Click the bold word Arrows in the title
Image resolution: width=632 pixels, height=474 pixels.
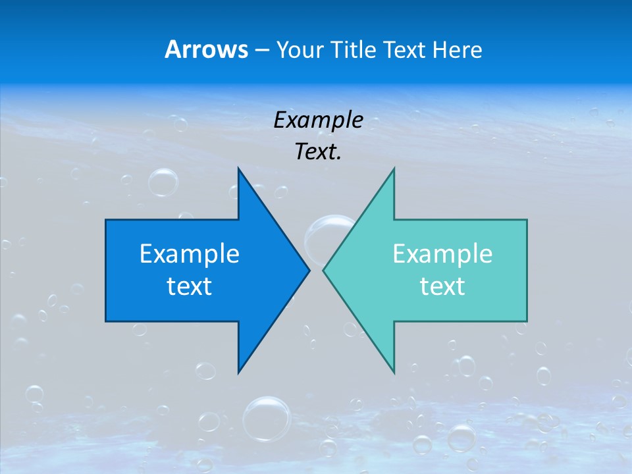206,49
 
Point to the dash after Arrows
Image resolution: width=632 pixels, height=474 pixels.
261,50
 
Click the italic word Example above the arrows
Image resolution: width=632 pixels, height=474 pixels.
318,120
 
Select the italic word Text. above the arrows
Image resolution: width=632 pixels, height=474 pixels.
318,151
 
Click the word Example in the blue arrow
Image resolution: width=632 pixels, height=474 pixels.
190,253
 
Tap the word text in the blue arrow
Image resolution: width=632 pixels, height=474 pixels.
190,286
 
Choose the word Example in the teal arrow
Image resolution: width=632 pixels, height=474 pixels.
442,253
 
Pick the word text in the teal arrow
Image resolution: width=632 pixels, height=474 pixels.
442,286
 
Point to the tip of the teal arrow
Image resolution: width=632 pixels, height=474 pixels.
324,270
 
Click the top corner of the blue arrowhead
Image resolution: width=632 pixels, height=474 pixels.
238,169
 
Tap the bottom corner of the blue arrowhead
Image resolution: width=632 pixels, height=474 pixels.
238,371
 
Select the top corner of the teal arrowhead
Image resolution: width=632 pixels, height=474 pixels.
394,169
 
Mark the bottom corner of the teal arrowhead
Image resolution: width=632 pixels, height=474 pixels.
394,371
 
